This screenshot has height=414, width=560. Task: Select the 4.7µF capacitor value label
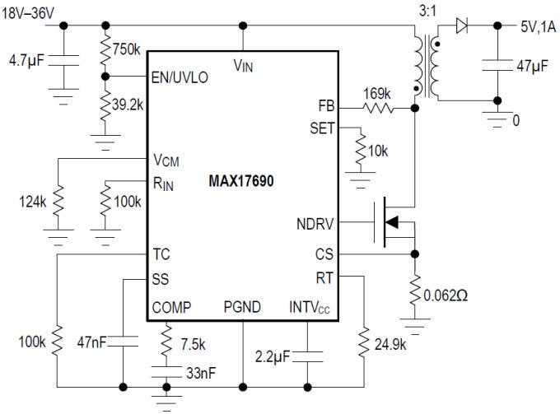tap(25, 60)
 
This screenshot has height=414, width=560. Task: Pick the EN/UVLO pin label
tap(180, 77)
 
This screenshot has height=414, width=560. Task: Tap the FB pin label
tap(326, 106)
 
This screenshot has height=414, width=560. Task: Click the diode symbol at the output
tap(464, 26)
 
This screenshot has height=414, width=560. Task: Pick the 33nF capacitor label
tap(200, 372)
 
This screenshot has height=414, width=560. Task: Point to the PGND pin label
tap(243, 307)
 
